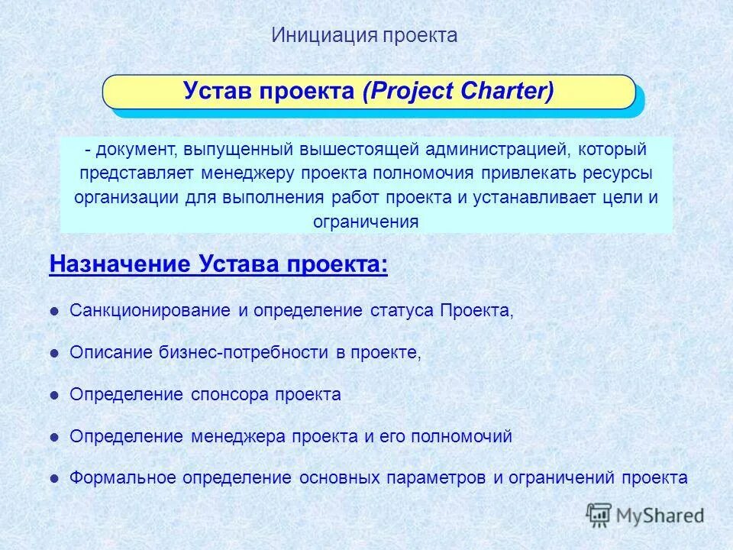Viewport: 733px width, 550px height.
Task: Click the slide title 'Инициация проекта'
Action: tap(364, 36)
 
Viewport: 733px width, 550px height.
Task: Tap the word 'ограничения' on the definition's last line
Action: tap(366, 222)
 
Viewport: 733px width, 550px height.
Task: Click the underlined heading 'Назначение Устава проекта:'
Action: tap(218, 265)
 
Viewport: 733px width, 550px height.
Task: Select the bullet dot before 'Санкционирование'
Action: tap(54, 312)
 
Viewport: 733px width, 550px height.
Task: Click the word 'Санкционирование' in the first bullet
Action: tap(150, 311)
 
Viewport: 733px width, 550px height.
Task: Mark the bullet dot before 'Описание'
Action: tap(54, 354)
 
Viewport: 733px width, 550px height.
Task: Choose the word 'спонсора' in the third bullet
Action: tap(231, 395)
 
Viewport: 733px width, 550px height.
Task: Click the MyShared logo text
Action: tap(661, 516)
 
